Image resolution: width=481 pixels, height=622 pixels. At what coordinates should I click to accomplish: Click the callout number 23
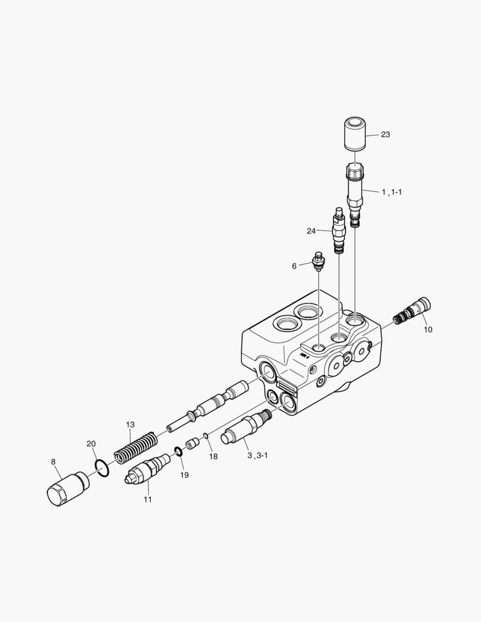(385, 134)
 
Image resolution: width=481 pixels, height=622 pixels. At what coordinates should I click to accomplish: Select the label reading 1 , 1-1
(392, 192)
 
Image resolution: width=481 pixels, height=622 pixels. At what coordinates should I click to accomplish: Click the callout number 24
(311, 231)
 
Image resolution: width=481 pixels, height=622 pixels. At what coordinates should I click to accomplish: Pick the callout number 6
(294, 266)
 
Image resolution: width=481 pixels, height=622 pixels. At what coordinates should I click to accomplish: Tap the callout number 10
(428, 329)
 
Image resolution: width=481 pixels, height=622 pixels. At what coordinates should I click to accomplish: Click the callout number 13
(130, 425)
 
